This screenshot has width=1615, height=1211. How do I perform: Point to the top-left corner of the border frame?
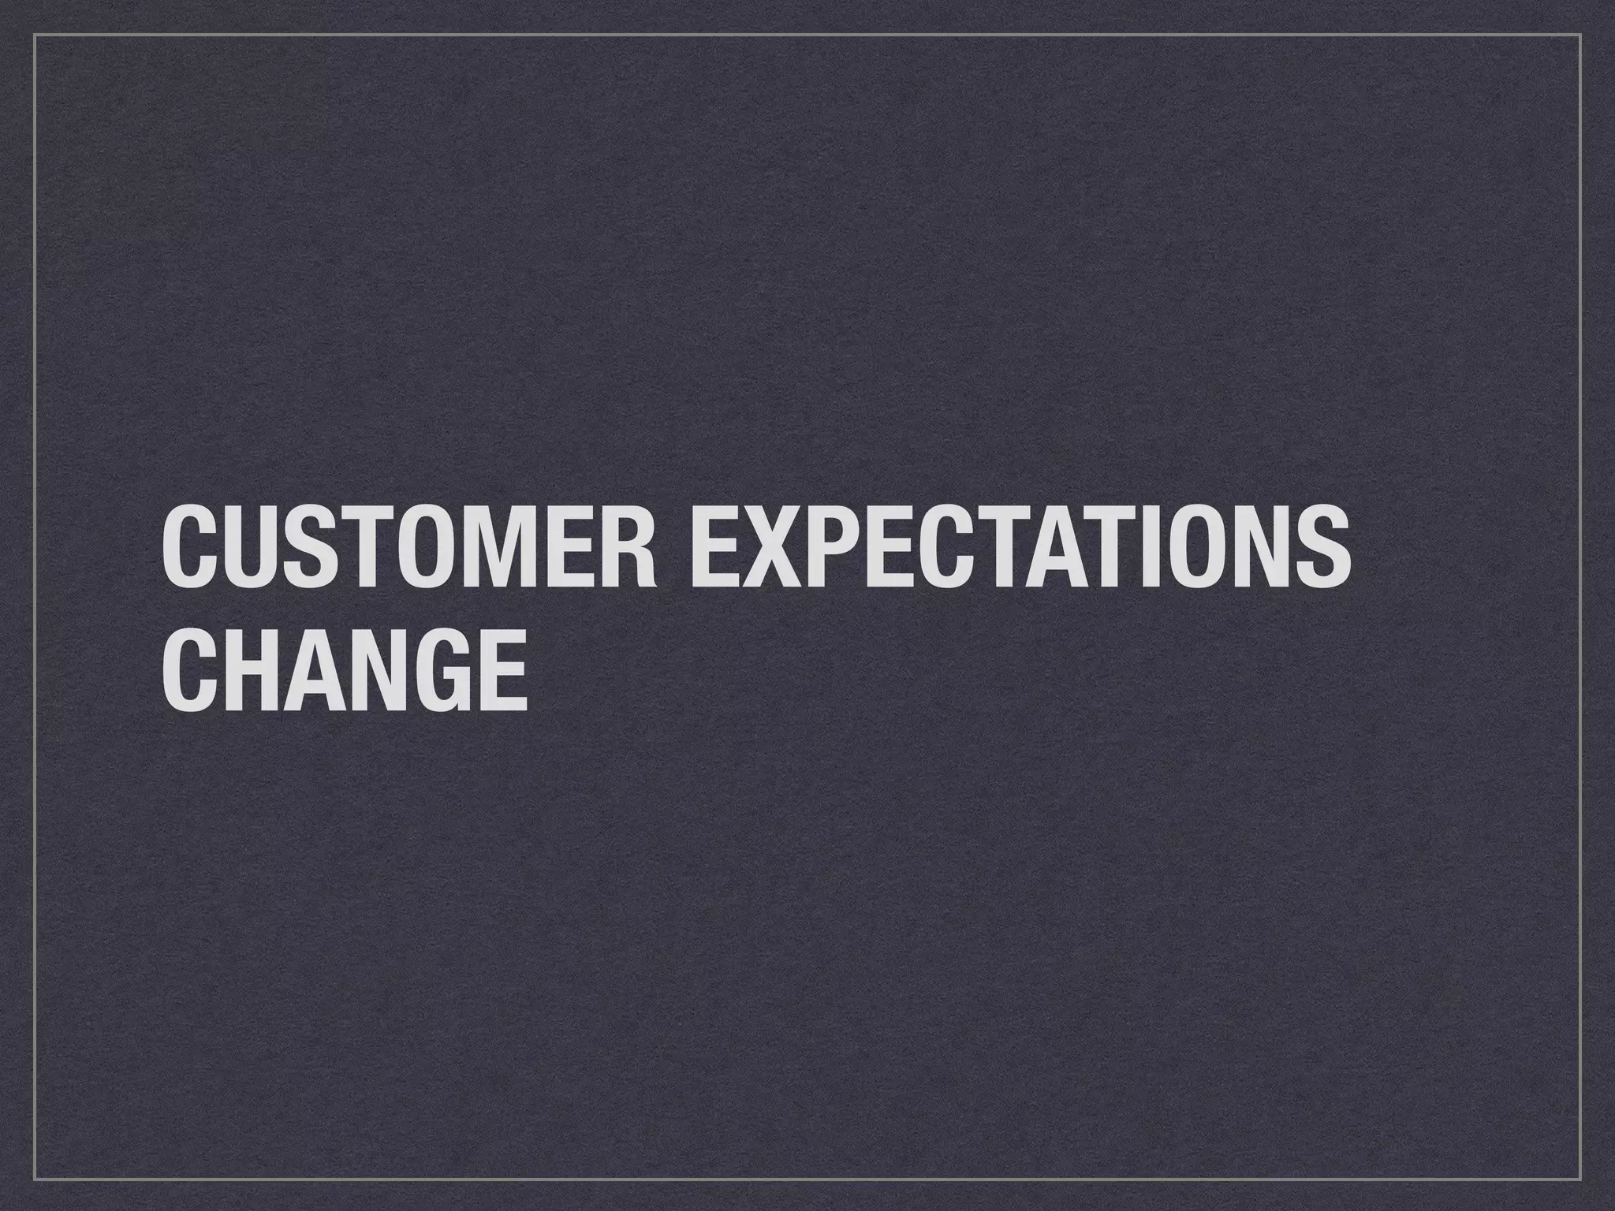35,35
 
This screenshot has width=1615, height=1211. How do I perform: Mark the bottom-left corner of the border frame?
35,1178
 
